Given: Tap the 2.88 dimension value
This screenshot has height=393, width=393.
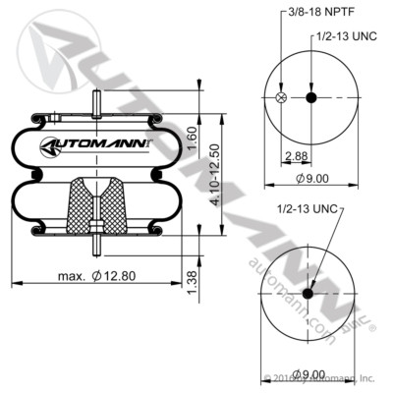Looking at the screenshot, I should coord(293,156).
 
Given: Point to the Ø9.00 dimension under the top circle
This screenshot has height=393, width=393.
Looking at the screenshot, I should coord(309,178).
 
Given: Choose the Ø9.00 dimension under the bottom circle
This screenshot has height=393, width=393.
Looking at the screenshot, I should coord(309,374).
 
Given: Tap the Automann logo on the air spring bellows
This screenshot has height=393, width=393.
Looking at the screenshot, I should coord(95,146).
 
